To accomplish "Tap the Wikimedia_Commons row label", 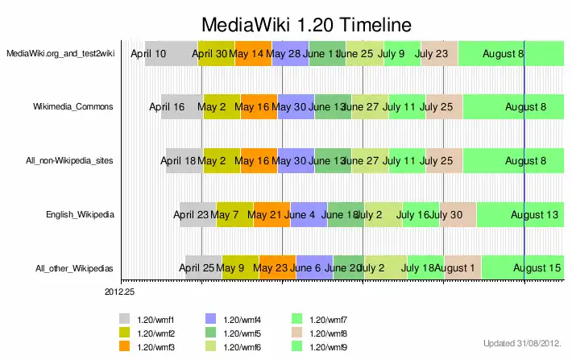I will click(x=73, y=106).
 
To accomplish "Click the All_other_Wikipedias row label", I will click(x=74, y=268).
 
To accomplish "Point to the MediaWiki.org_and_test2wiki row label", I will click(x=60, y=53).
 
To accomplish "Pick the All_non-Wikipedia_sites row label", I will click(x=69, y=161).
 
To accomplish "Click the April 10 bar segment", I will click(x=171, y=53).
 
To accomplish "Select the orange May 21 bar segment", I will click(x=271, y=215).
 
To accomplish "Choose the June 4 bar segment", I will click(x=309, y=215).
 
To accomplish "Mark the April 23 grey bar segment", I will click(x=197, y=215).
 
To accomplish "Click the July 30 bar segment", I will click(x=458, y=215).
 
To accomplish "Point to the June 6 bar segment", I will click(x=314, y=268).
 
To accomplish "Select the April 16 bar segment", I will click(x=182, y=106).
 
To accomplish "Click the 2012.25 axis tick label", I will click(x=122, y=292).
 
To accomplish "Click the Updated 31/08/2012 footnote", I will click(x=521, y=342).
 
